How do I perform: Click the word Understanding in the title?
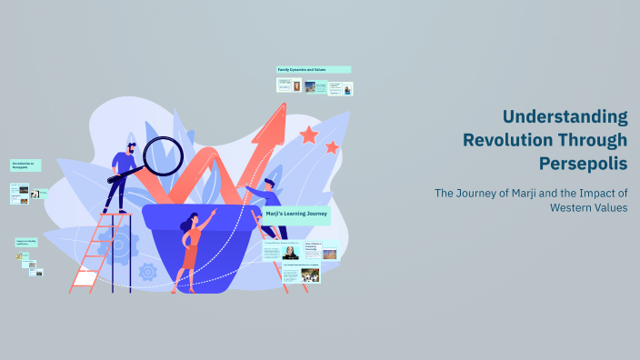(x=565, y=117)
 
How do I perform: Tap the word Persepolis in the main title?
(x=583, y=163)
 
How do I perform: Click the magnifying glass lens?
(x=164, y=155)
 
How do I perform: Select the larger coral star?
(x=309, y=135)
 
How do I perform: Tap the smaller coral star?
(x=333, y=147)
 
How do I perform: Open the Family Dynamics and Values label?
(x=314, y=69)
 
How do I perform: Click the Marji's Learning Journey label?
(x=296, y=216)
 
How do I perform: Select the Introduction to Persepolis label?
(x=25, y=165)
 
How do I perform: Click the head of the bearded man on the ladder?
(x=132, y=147)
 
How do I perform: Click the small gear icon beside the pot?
(x=148, y=271)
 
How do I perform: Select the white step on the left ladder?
(x=85, y=278)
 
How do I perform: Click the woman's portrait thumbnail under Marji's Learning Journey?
(x=291, y=253)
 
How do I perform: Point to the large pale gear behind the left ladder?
(x=116, y=244)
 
